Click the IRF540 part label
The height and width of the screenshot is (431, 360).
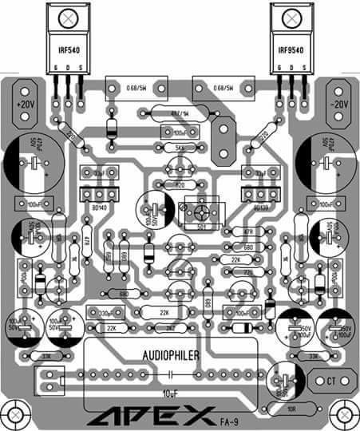(66, 49)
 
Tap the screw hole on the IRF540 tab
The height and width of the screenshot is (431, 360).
(67, 15)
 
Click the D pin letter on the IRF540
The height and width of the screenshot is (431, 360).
(66, 66)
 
